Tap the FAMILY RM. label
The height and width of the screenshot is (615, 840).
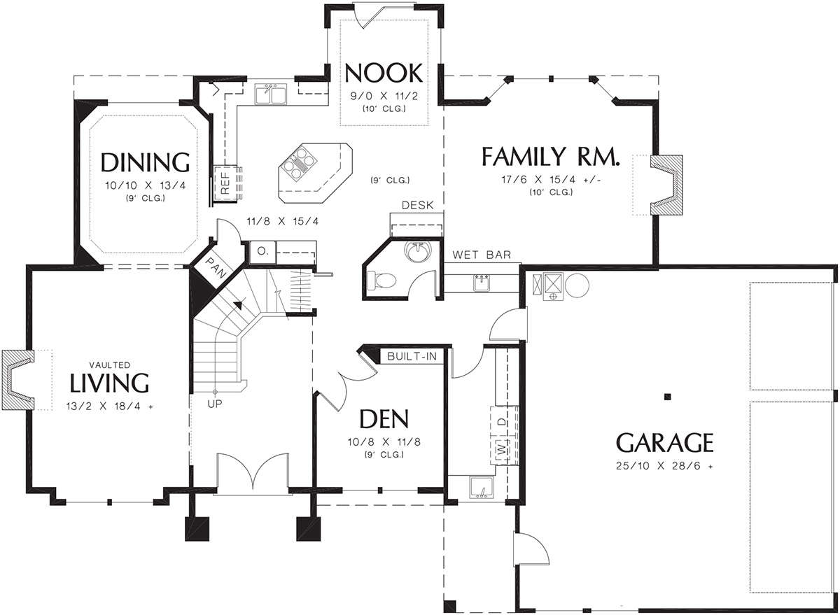(550, 157)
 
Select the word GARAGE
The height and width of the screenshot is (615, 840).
(665, 443)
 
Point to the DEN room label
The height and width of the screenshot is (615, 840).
(384, 419)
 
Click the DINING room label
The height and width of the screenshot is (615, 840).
(145, 162)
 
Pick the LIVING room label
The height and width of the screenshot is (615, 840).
(109, 382)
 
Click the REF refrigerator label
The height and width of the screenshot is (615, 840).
(225, 183)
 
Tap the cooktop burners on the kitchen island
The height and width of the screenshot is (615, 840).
(299, 164)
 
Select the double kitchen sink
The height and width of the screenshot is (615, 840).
(270, 94)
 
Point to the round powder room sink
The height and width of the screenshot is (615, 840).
(417, 250)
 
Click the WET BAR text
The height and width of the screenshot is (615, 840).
(482, 255)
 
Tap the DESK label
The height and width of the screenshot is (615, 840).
(417, 205)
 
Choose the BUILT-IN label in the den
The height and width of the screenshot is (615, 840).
(412, 356)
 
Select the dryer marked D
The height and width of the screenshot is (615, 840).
(502, 422)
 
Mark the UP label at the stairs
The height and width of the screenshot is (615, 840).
(215, 404)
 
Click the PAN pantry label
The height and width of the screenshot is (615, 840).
(216, 267)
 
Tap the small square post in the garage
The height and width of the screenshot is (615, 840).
(667, 397)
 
